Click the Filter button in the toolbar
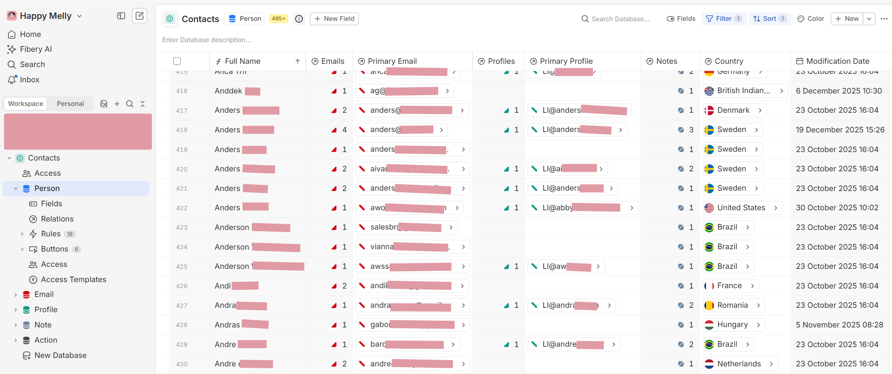(723, 18)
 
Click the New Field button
(334, 18)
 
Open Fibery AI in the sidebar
(36, 49)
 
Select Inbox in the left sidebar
(29, 79)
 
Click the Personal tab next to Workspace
(70, 104)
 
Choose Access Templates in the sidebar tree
(73, 279)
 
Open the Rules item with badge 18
(51, 234)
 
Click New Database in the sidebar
(60, 355)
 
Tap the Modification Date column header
(837, 61)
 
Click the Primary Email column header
(392, 61)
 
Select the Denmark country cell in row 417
(733, 110)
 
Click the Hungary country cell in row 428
(732, 325)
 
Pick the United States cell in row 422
(741, 207)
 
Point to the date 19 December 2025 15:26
(840, 130)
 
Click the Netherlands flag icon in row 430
(709, 364)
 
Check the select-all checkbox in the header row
(177, 61)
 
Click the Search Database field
(620, 19)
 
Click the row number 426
(182, 286)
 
